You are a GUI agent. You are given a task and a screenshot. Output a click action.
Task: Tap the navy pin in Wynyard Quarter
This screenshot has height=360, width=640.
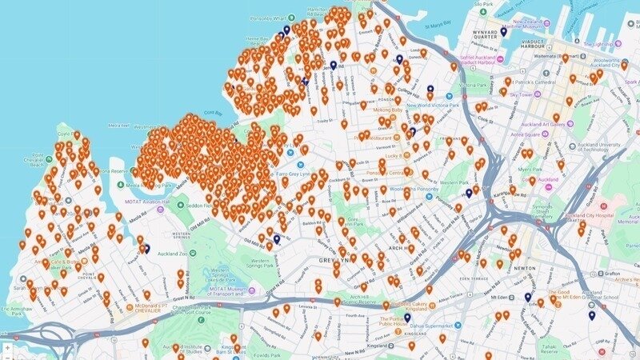pyautogui.click(x=503, y=32)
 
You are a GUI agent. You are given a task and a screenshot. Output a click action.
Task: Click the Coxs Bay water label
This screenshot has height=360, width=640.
pyautogui.click(x=214, y=114)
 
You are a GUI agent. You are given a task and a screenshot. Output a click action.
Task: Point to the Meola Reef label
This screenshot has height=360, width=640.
pyautogui.click(x=122, y=126)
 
